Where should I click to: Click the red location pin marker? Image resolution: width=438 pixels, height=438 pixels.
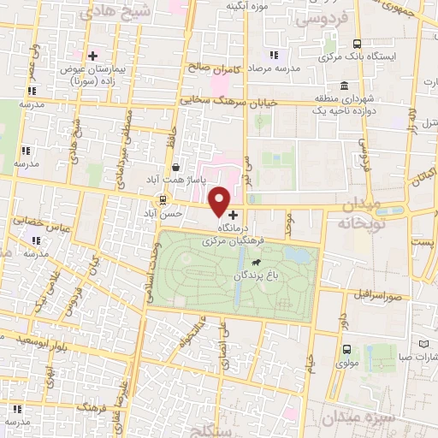220,200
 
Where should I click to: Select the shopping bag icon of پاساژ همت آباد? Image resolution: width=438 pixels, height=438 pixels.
175,168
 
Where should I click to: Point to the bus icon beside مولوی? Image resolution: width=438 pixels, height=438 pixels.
346,349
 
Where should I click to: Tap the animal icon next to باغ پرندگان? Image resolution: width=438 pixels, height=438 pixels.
257,276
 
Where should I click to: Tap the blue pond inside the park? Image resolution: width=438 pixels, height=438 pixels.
297,255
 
